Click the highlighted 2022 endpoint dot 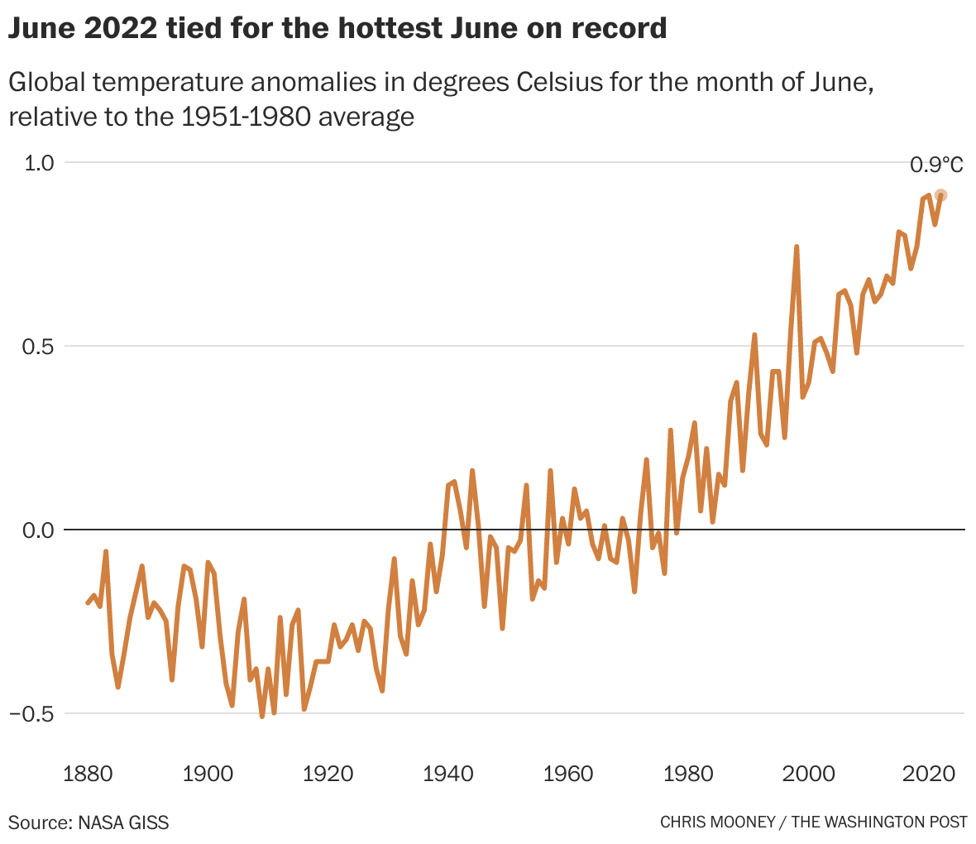pyautogui.click(x=940, y=195)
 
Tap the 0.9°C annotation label pyautogui.click(x=936, y=165)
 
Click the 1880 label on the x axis pyautogui.click(x=88, y=774)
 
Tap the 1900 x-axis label pyautogui.click(x=208, y=774)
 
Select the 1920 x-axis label pyautogui.click(x=328, y=774)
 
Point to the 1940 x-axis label pyautogui.click(x=448, y=774)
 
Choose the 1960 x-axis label pyautogui.click(x=569, y=774)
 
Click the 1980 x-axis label pyautogui.click(x=689, y=774)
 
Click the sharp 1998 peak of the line pyautogui.click(x=797, y=247)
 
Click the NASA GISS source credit pyautogui.click(x=124, y=822)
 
